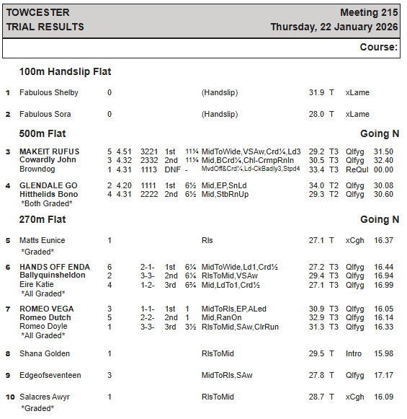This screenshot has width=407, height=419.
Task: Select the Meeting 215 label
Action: (369, 13)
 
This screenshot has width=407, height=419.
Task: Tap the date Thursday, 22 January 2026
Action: (334, 27)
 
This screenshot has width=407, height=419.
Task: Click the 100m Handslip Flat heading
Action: (65, 72)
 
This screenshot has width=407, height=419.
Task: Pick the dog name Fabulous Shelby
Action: (49, 93)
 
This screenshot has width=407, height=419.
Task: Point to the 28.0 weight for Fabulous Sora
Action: (317, 114)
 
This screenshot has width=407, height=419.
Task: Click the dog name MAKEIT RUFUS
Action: (50, 151)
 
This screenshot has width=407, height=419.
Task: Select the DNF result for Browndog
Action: (171, 169)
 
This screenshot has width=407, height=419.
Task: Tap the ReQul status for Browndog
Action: (356, 169)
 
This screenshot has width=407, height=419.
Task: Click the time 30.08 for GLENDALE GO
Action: (384, 185)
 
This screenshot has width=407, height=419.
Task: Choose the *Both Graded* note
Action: (47, 203)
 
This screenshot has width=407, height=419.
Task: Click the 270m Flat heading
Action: (43, 220)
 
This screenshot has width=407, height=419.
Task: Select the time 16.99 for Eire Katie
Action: (384, 285)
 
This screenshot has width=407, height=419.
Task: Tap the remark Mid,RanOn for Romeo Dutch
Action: (222, 317)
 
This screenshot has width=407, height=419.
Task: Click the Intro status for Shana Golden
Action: (354, 354)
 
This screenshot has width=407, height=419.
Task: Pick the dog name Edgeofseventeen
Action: (50, 376)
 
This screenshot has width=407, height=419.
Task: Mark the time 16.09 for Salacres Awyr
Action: (384, 397)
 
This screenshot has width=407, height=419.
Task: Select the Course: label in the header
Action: (379, 48)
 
